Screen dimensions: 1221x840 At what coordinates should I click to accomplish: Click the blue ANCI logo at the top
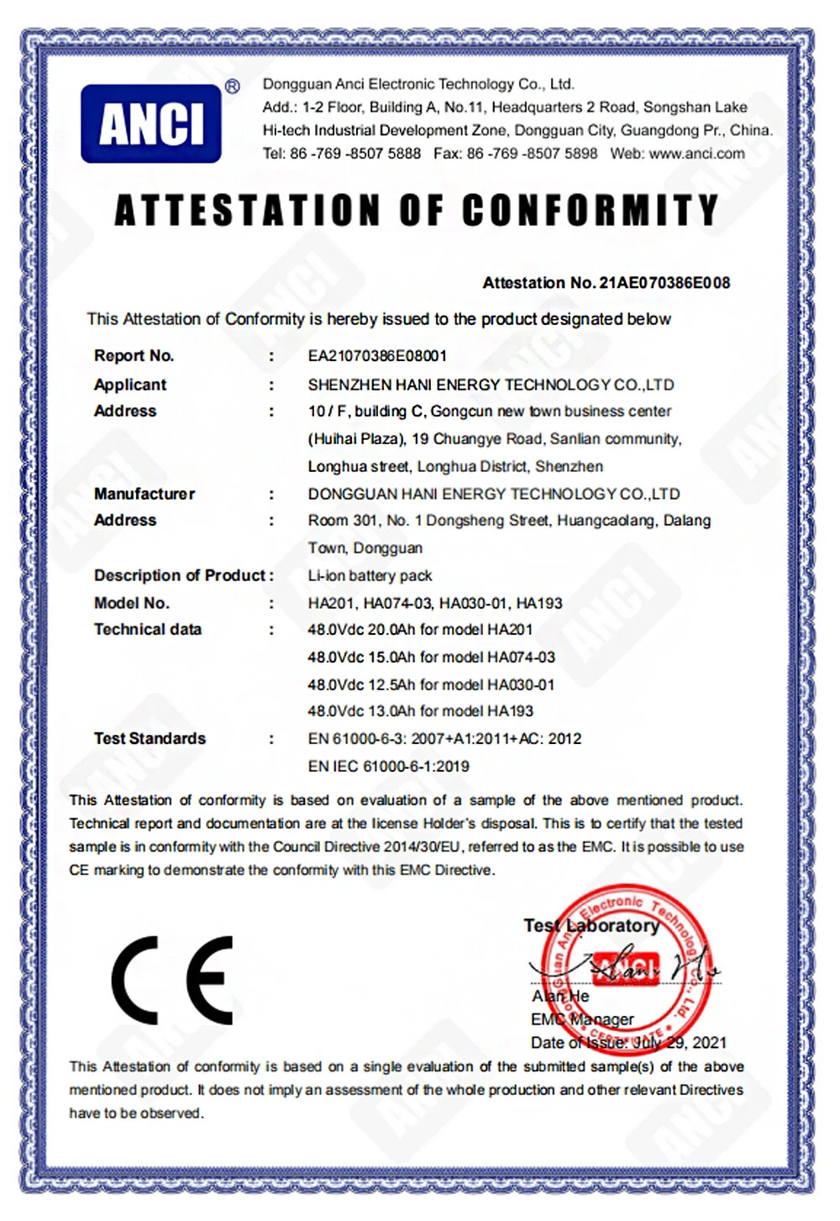(x=151, y=123)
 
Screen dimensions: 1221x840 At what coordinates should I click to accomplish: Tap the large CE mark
(x=172, y=980)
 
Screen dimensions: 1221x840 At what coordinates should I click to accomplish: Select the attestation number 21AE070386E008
(x=664, y=283)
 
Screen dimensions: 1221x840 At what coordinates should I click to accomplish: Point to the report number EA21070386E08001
(x=377, y=356)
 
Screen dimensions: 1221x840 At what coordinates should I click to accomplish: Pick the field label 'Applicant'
(x=130, y=385)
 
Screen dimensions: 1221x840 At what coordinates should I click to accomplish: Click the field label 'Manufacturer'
(x=144, y=494)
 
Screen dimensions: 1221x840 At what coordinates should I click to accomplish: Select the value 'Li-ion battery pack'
(x=370, y=576)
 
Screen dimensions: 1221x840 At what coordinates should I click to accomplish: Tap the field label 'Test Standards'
(x=150, y=739)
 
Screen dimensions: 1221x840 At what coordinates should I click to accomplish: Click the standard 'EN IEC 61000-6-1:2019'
(x=389, y=766)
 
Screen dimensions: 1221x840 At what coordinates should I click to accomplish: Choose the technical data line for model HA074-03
(x=431, y=657)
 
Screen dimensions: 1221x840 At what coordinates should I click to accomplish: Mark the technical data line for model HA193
(x=420, y=711)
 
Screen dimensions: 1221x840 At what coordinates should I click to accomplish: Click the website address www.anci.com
(x=696, y=154)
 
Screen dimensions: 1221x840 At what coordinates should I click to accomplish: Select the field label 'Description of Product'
(x=180, y=576)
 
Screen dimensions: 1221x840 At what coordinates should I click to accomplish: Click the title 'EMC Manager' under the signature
(x=582, y=1019)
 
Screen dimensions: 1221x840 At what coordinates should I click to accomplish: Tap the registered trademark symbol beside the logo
(x=233, y=86)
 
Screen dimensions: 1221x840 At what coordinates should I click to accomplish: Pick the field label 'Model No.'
(x=132, y=603)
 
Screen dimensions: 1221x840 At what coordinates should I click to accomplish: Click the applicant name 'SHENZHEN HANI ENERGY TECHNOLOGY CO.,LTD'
(x=491, y=385)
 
